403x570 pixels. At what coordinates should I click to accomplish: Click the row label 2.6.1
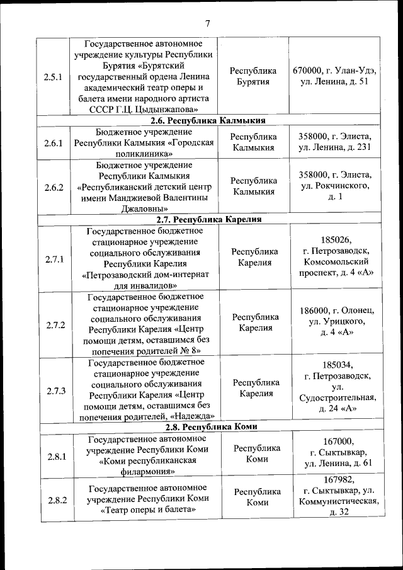pyautogui.click(x=55, y=142)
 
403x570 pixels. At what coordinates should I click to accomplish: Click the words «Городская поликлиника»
pyautogui.click(x=144, y=148)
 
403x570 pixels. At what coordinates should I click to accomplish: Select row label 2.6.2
pyautogui.click(x=55, y=186)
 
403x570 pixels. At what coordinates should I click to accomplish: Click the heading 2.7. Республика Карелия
pyautogui.click(x=208, y=220)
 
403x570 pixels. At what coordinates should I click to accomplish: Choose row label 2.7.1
pyautogui.click(x=55, y=259)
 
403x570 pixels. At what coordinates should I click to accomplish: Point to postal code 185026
pyautogui.click(x=336, y=240)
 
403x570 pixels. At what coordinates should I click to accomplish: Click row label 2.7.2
pyautogui.click(x=55, y=324)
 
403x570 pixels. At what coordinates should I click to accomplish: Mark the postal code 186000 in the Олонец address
pyautogui.click(x=315, y=310)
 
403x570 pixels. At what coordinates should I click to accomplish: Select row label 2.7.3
pyautogui.click(x=55, y=390)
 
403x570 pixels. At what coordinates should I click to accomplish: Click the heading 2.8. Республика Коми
pyautogui.click(x=208, y=426)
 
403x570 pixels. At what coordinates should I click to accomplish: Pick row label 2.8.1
pyautogui.click(x=55, y=457)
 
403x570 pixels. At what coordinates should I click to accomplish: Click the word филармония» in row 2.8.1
pyautogui.click(x=144, y=471)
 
